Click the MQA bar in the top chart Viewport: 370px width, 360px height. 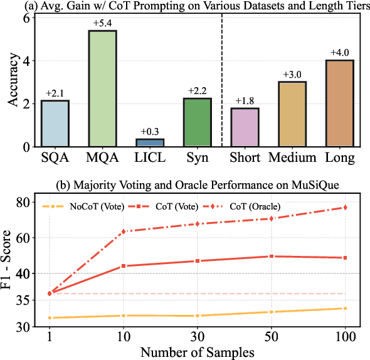coord(102,88)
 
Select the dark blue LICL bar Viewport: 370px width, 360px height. coord(150,143)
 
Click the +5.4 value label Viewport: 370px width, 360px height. coord(102,23)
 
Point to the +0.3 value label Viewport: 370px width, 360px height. coord(150,132)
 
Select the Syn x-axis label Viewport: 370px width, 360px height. coord(198,157)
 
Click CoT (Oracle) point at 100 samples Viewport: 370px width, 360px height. coord(345,208)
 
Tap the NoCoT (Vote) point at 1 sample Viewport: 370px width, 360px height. coord(50,318)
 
